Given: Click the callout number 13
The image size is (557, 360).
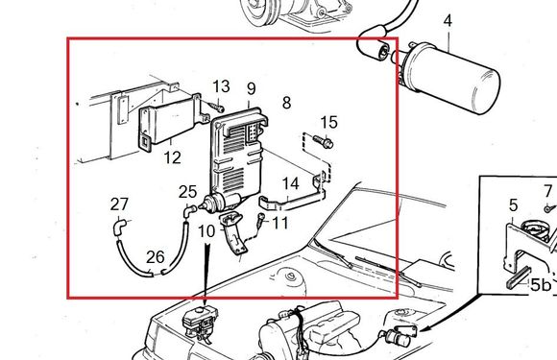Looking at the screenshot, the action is [221, 86].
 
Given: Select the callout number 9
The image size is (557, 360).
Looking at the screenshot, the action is [252, 88].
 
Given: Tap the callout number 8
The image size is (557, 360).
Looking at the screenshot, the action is [287, 103].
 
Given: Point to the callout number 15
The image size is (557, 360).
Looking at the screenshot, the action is [329, 123].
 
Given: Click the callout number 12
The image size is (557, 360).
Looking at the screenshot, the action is [173, 157].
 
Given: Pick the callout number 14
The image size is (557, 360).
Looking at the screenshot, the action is [291, 184].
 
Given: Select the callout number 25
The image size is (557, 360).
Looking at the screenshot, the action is [187, 192].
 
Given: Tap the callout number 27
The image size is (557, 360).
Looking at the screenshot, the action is [119, 204].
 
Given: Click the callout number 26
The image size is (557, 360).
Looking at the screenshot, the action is [156, 257].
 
